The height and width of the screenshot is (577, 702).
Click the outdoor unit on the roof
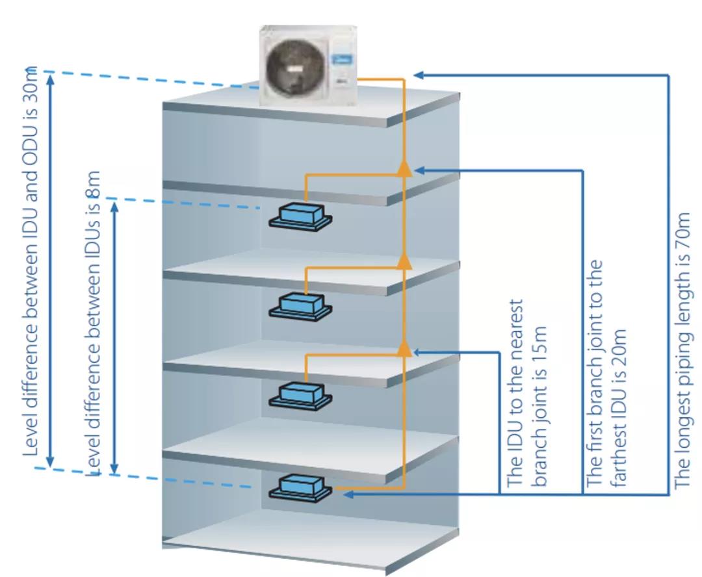point(309,65)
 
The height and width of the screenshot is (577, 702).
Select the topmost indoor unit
point(301,215)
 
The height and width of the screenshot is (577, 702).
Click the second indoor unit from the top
point(301,305)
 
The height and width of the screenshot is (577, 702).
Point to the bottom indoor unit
point(301,487)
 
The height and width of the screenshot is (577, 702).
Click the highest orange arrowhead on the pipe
point(404,168)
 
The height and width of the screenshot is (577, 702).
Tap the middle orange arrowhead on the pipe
point(404,260)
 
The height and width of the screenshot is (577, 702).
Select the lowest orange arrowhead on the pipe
point(404,349)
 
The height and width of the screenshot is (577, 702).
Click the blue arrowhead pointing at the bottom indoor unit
point(347,495)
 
